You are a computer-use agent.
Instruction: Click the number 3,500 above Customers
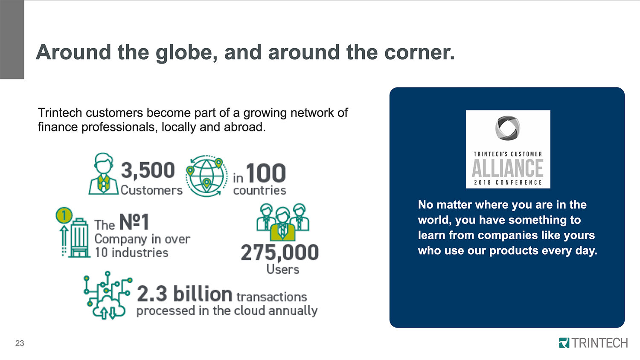[x=148, y=170]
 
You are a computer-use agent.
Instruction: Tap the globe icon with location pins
[x=207, y=176]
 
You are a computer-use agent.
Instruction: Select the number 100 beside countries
[x=266, y=173]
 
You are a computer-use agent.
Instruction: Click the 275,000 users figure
[x=280, y=253]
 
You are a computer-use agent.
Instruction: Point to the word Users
[x=283, y=270]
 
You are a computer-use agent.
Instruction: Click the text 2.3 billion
[x=185, y=294]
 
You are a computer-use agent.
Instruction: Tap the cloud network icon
[x=108, y=296]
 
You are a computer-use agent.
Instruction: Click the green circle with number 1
[x=64, y=215]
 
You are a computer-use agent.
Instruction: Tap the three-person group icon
[x=282, y=222]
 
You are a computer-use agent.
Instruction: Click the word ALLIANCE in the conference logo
[x=508, y=168]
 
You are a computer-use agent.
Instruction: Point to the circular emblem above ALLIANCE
[x=508, y=128]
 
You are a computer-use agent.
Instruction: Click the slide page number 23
[x=20, y=343]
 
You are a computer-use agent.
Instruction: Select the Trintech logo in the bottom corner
[x=593, y=343]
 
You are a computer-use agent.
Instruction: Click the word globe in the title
[x=186, y=53]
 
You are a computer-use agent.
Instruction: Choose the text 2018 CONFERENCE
[x=508, y=182]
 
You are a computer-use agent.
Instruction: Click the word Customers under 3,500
[x=151, y=190]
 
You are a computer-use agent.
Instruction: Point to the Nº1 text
[x=134, y=222]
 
